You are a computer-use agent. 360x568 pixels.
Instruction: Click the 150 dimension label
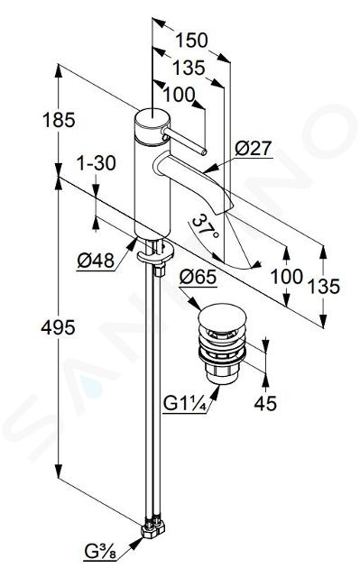coord(191,41)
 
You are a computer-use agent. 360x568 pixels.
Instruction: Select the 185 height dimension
coord(59,120)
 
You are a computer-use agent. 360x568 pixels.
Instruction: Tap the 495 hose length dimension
coord(58,328)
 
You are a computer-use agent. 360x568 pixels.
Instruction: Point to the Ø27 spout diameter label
coord(253,148)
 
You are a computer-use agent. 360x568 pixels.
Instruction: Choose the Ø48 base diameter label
coord(96,260)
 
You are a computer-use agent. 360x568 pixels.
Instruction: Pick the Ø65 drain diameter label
coord(198,278)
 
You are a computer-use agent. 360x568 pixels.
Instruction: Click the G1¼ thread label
coord(185,403)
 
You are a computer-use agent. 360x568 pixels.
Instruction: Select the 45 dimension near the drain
coord(265,403)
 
